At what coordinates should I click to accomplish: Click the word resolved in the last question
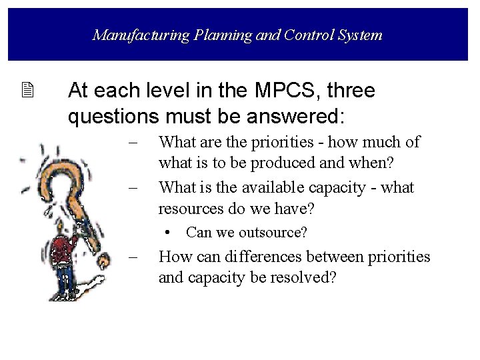[x=299, y=277]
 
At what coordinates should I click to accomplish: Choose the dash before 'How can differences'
[x=133, y=257]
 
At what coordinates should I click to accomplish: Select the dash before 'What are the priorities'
[x=133, y=142]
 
